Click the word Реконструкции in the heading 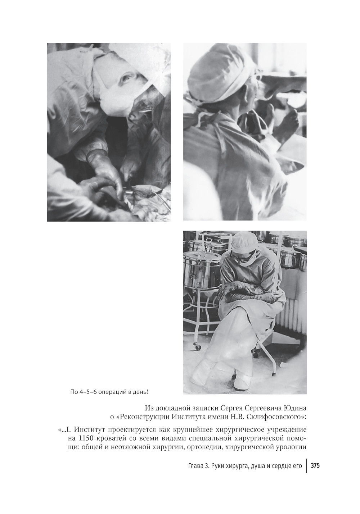(140, 417)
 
